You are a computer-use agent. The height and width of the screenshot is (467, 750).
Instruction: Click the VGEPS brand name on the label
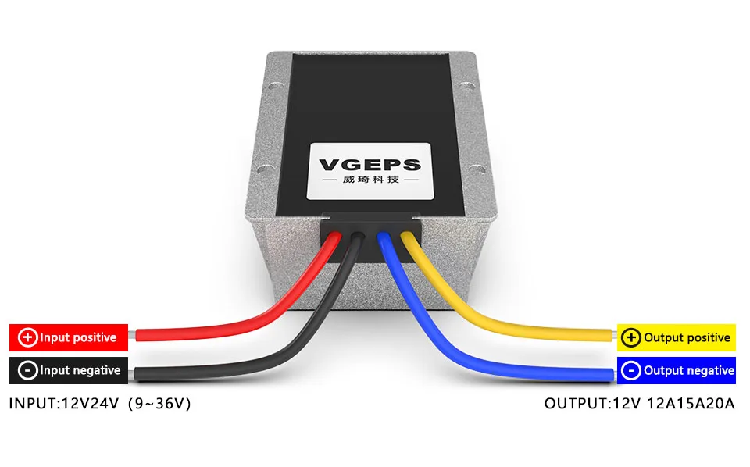pos(370,165)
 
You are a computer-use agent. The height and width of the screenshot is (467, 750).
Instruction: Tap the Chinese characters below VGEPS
pos(370,180)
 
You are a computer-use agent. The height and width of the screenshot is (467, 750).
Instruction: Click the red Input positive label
pos(68,337)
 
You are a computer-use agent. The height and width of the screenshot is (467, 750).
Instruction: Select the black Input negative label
pos(68,370)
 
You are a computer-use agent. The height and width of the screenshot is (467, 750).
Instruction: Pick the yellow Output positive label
pos(677,337)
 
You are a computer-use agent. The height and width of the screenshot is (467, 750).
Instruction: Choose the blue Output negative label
pos(677,370)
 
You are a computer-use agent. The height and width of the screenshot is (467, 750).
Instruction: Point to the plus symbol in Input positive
pos(28,337)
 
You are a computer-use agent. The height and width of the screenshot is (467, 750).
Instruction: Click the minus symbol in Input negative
pos(28,370)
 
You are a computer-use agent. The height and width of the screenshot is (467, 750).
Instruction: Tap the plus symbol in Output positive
pos(631,337)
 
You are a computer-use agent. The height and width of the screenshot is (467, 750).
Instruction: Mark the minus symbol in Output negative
pos(631,370)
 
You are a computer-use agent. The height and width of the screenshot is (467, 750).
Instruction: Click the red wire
pos(234,327)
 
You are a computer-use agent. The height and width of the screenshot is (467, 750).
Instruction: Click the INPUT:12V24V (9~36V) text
pos(100,404)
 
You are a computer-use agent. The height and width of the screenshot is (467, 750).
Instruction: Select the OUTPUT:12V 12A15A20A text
pos(640,404)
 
